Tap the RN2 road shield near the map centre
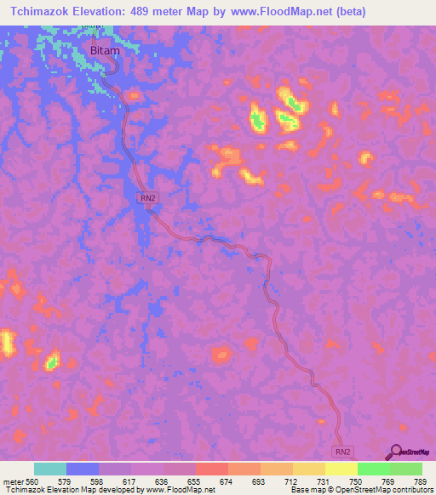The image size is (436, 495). (147, 197)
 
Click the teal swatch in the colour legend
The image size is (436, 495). (50, 469)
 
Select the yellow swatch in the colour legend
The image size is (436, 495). (341, 469)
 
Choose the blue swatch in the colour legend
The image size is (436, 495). (83, 469)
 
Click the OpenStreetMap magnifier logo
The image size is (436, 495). (394, 452)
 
